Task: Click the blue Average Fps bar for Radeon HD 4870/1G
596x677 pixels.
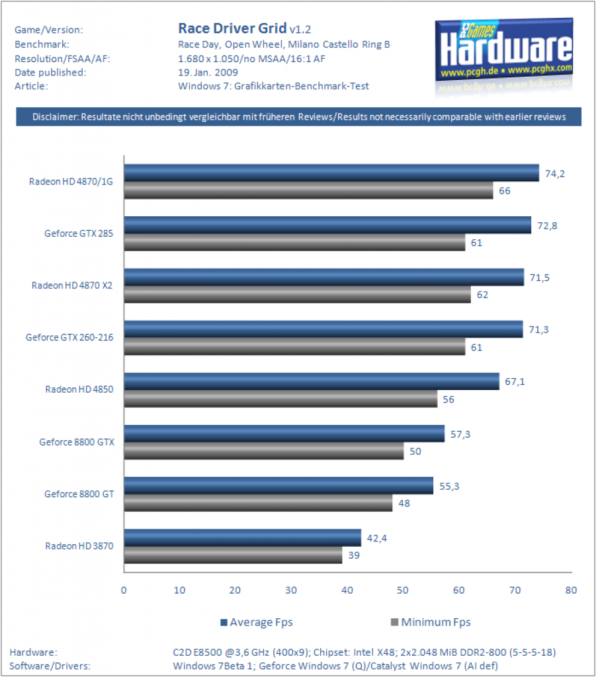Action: tap(331, 173)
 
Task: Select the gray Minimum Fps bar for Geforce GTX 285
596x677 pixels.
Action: tap(294, 242)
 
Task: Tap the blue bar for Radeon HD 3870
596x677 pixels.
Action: tap(243, 538)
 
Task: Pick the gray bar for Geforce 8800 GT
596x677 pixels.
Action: tap(258, 503)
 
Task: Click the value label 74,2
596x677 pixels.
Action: tap(554, 174)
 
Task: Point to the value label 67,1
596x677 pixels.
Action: tap(515, 381)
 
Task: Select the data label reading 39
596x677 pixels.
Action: tap(354, 555)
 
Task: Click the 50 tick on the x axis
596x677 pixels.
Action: tap(403, 590)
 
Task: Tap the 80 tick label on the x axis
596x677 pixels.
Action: tap(571, 590)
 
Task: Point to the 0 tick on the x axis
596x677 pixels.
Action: tap(124, 590)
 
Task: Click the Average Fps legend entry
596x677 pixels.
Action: tap(257, 622)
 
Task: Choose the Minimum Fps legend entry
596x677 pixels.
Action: tap(431, 622)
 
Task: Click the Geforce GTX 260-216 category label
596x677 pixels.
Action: tap(69, 337)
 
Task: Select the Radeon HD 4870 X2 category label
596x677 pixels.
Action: tap(71, 286)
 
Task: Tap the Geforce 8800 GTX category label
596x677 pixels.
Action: tap(77, 442)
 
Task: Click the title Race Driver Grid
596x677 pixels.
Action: tap(232, 28)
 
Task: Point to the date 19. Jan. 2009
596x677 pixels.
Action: tap(208, 73)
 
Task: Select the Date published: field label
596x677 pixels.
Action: tap(50, 73)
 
